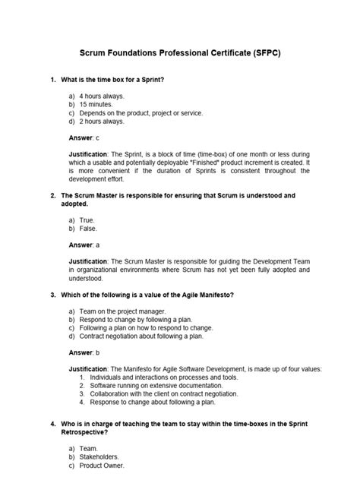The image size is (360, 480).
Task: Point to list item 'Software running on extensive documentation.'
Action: point(163,385)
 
